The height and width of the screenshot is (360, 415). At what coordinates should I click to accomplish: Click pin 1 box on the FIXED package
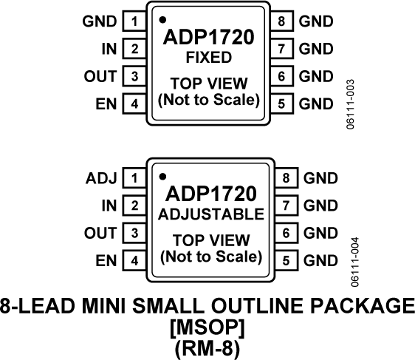(134, 21)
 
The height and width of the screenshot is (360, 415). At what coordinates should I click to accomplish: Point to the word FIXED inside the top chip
(209, 57)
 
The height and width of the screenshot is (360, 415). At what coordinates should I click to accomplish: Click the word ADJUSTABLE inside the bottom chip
(209, 214)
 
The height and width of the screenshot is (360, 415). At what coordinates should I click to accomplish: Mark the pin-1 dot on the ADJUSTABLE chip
(162, 176)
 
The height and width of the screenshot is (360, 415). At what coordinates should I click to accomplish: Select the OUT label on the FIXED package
(103, 76)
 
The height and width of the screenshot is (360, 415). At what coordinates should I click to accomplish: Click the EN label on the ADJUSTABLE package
(107, 260)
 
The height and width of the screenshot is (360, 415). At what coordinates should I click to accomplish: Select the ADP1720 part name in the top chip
(209, 37)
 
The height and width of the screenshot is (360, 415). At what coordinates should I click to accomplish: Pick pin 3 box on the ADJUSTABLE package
(134, 233)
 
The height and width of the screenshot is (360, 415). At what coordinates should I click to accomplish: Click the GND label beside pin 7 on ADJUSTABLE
(320, 206)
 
